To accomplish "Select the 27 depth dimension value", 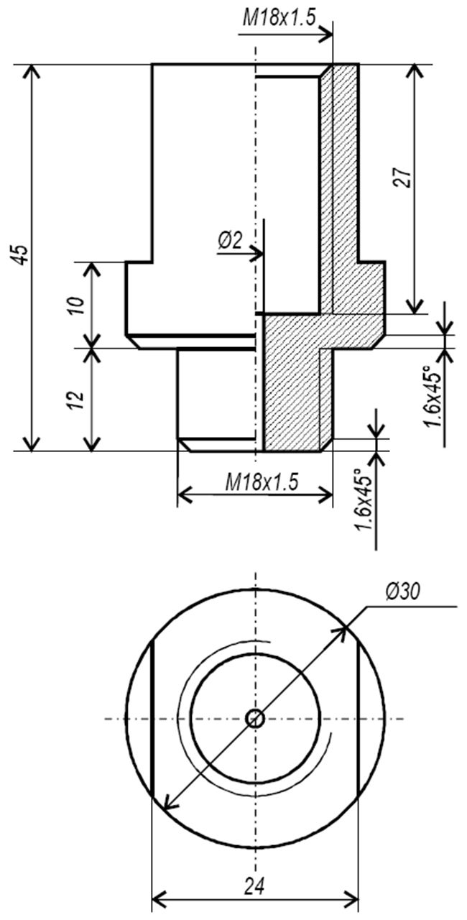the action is pos(402,178).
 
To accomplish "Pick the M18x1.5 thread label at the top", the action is pos(279,19).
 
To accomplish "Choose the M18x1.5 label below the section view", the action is pos(262,482).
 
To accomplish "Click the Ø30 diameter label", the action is pos(402,592).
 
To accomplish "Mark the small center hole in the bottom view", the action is pos(255,718).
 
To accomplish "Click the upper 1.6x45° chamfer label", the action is pos(434,396).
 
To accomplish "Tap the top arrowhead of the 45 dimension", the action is pos(32,73).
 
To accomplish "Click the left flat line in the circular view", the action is pos(152,718).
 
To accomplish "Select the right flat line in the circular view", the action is pos(359,718).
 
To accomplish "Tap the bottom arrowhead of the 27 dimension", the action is pos(415,305).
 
